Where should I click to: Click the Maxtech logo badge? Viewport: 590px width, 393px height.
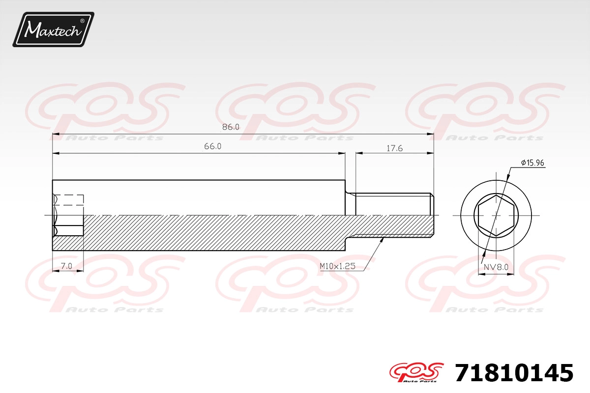tap(54, 29)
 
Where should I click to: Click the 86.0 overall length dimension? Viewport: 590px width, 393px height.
tap(231, 127)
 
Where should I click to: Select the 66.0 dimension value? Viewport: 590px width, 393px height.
tap(212, 146)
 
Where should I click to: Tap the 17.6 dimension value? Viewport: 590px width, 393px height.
tap(394, 148)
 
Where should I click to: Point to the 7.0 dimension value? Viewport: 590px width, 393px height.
tap(66, 266)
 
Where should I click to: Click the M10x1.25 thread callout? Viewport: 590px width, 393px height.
tap(337, 266)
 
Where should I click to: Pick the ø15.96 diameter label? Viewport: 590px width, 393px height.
tap(532, 163)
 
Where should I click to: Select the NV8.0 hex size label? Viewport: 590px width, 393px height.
tap(496, 267)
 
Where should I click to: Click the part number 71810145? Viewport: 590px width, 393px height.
tap(514, 372)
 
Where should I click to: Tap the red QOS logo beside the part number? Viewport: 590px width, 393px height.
tap(416, 372)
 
